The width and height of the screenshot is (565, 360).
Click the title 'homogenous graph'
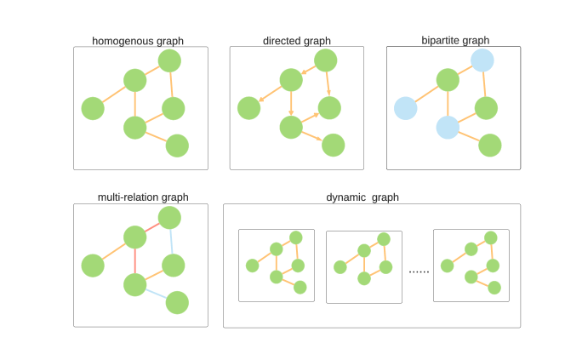click(x=138, y=40)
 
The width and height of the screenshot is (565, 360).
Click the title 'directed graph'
click(x=297, y=40)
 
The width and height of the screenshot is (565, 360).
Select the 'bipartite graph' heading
click(x=455, y=40)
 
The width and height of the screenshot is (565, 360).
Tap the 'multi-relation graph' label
click(x=143, y=197)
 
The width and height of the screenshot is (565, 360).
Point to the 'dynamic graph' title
click(x=362, y=197)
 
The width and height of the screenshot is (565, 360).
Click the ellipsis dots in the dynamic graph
click(x=419, y=271)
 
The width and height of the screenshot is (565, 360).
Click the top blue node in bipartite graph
click(x=482, y=60)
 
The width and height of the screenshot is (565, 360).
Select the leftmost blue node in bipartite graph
click(x=405, y=108)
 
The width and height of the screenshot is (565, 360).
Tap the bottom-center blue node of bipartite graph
click(x=448, y=128)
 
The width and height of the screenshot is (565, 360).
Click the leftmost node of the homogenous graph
click(x=93, y=108)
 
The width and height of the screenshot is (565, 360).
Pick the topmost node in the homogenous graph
click(x=169, y=60)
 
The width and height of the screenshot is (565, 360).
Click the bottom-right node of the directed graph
click(x=334, y=146)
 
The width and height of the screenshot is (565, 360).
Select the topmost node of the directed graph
click(x=326, y=60)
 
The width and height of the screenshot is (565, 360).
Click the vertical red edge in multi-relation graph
click(x=134, y=260)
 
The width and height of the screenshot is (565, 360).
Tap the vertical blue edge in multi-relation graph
click(x=172, y=241)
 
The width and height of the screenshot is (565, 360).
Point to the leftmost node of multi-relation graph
click(x=93, y=266)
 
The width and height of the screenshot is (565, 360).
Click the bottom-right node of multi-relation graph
click(x=177, y=302)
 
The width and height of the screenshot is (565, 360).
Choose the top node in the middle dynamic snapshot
click(x=384, y=238)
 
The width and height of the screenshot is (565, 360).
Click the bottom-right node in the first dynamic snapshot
click(x=300, y=287)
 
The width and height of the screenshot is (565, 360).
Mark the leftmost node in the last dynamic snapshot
click(x=447, y=266)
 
